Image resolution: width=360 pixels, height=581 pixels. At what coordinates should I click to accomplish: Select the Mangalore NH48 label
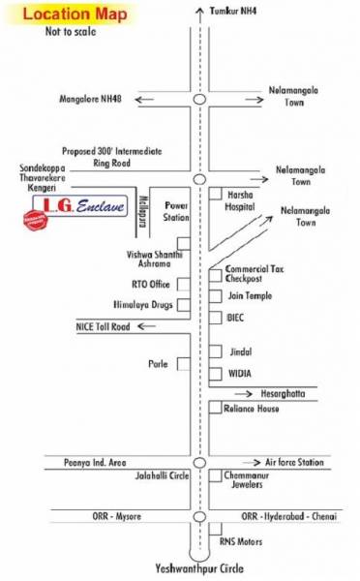coord(95,99)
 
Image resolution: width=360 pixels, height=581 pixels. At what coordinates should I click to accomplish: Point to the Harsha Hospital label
coord(246,199)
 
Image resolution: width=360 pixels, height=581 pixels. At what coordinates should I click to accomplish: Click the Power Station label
coord(177,210)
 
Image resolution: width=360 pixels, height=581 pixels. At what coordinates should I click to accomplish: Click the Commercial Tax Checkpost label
coord(254,272)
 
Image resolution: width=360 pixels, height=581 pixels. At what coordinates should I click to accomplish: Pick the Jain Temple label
coord(250,295)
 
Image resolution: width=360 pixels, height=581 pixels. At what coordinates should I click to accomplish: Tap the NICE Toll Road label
coord(103,327)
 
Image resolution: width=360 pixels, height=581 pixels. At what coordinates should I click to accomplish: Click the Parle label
coord(160,364)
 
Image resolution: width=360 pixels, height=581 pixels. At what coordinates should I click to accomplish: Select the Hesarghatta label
coord(287,393)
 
